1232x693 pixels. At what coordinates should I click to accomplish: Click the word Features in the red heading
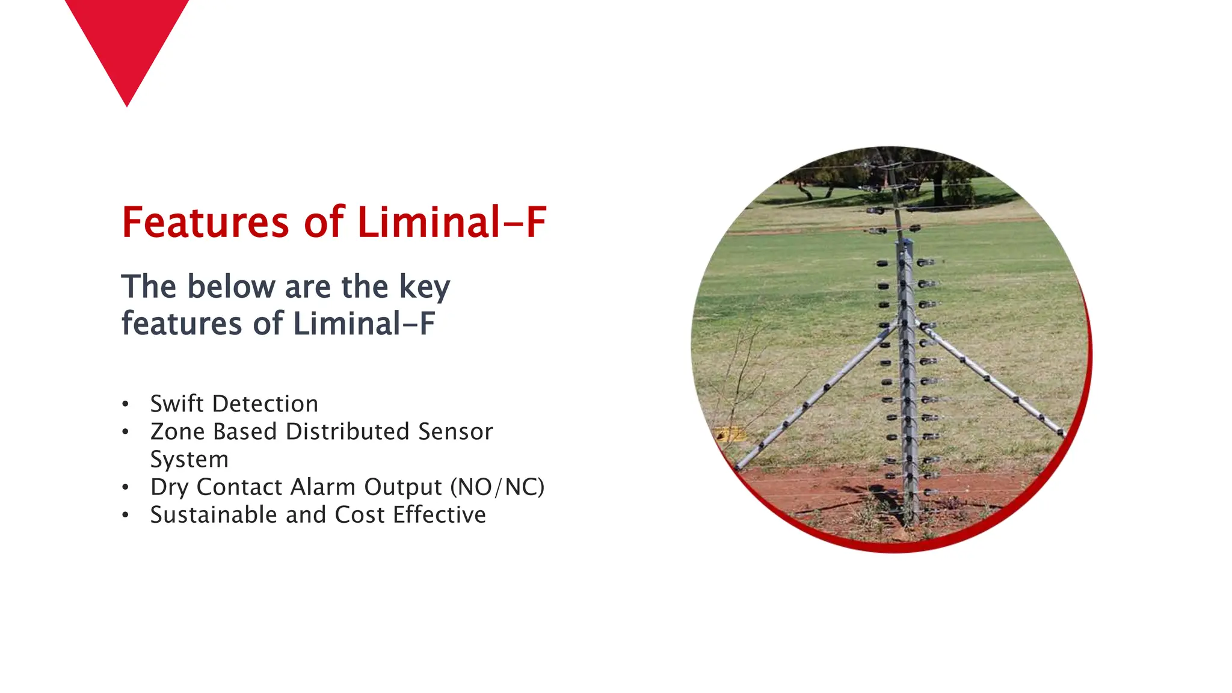click(205, 223)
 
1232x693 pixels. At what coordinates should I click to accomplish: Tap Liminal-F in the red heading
click(452, 223)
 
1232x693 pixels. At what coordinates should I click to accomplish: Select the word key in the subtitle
click(425, 288)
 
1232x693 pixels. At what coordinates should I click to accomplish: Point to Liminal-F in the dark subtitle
click(364, 324)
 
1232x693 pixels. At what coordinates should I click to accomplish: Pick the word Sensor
click(455, 431)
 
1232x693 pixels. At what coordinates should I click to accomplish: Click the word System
click(189, 460)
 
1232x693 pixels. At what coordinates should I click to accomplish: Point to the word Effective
click(440, 515)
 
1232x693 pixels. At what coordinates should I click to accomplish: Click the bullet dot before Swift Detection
click(125, 404)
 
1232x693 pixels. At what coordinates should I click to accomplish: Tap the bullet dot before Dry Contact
click(125, 487)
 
